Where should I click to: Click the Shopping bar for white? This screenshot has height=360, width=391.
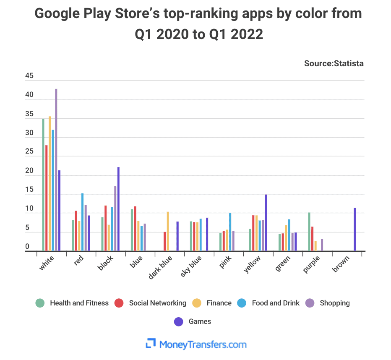[x=56, y=170]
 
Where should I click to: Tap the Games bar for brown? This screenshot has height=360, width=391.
[x=355, y=230]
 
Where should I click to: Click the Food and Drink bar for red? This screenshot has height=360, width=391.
[x=82, y=222]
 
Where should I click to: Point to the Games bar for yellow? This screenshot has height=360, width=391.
[x=266, y=223]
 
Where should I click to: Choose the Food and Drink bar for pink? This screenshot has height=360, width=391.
[x=230, y=232]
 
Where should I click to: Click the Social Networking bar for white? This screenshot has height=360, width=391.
[x=46, y=198]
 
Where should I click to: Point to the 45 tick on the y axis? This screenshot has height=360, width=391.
[x=29, y=76]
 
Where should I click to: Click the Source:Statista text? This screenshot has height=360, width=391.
[x=334, y=64]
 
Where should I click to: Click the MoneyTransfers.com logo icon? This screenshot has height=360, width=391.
[x=151, y=344]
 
